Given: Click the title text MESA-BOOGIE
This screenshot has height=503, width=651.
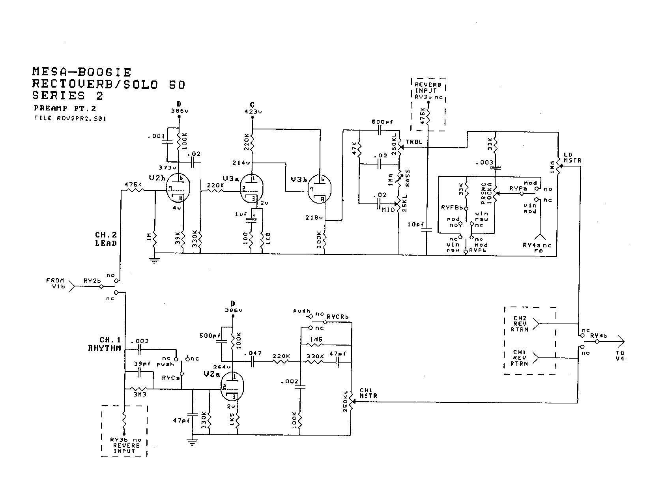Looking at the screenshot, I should coord(82,72).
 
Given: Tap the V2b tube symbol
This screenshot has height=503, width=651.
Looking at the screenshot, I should coord(178,188).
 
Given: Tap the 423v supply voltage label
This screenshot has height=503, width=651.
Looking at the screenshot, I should coord(253,112).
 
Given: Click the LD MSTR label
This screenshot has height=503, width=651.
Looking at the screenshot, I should coord(572,158).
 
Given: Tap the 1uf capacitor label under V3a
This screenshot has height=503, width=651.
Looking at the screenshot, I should coord(240,214).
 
